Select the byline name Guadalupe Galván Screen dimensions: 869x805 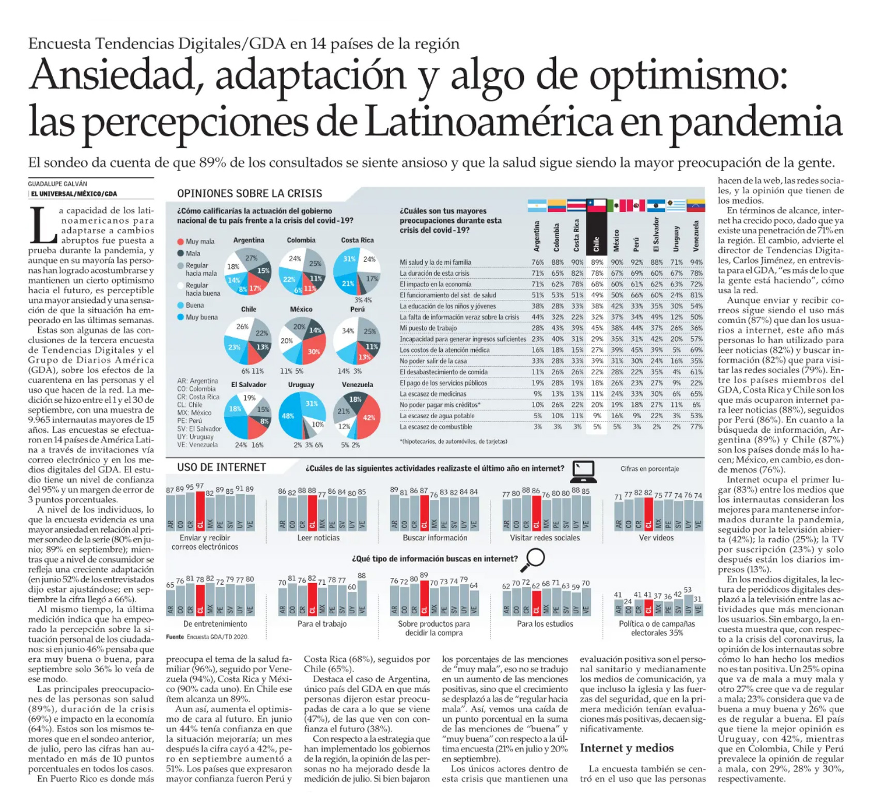coord(57,184)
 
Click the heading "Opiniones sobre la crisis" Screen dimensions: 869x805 coord(250,194)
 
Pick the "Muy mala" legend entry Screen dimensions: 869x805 coord(196,241)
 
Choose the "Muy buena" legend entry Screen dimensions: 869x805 coord(197,317)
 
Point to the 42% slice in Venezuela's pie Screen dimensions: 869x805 coord(368,418)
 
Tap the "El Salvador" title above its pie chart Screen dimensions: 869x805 coord(249,385)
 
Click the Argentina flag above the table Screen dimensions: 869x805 coord(537,206)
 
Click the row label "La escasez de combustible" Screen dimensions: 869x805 coord(436,427)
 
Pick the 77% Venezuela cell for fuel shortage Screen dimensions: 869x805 coord(696,427)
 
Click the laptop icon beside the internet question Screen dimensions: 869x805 coord(584,470)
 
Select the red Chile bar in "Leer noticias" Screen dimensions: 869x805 coord(312,512)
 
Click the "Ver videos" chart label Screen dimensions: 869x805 coord(656,538)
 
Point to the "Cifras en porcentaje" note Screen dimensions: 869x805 coord(650,468)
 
